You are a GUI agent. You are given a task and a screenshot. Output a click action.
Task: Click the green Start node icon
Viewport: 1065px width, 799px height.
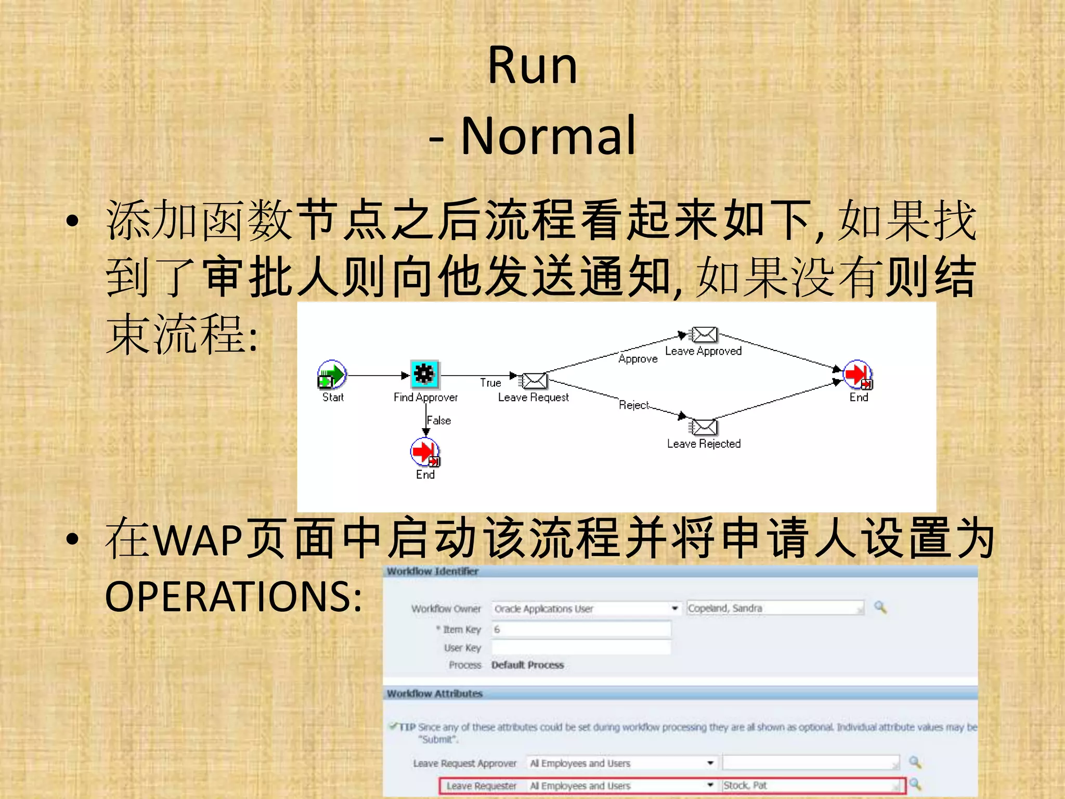[x=332, y=375]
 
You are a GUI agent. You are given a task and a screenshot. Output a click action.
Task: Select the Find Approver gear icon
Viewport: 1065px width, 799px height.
[x=424, y=374]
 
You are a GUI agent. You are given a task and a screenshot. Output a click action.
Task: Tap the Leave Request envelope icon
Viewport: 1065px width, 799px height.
[x=534, y=381]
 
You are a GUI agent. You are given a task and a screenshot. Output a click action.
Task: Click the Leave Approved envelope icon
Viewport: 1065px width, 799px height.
[x=704, y=335]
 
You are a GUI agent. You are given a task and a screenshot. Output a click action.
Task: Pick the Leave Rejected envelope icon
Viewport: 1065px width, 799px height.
[x=704, y=428]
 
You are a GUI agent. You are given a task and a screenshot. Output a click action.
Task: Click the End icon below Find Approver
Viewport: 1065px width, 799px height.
[x=425, y=452]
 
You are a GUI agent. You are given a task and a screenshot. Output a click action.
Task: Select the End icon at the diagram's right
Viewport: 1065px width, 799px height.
[x=858, y=375]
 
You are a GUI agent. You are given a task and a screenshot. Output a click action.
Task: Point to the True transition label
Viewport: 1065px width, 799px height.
[x=490, y=383]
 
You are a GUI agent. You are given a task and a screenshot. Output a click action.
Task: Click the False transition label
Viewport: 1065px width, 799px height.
[x=439, y=420]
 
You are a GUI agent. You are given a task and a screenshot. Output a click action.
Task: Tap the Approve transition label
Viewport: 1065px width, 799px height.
[x=638, y=359]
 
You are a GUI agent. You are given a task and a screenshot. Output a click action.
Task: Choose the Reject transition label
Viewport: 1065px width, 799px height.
[x=634, y=405]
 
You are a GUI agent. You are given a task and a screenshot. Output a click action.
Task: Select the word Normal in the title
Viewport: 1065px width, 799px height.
[x=548, y=136]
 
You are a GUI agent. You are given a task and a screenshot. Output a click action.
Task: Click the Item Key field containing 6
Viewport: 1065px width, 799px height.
[x=581, y=629]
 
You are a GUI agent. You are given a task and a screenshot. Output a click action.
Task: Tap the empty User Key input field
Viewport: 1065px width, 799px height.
[x=581, y=648]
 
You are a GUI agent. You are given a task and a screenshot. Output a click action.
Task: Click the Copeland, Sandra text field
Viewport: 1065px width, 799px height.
[x=775, y=608]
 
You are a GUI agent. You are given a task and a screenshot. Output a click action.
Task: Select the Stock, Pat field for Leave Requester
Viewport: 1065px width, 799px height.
[x=811, y=785]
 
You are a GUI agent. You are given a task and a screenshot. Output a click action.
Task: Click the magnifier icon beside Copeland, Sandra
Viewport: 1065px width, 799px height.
[x=880, y=607]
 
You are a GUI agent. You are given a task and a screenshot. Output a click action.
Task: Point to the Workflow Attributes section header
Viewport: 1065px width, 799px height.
[x=435, y=693]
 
